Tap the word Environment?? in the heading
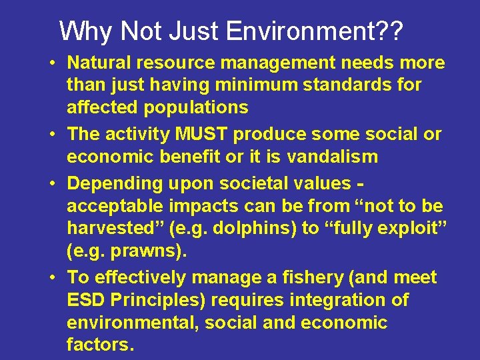(315, 31)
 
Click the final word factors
(100, 345)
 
